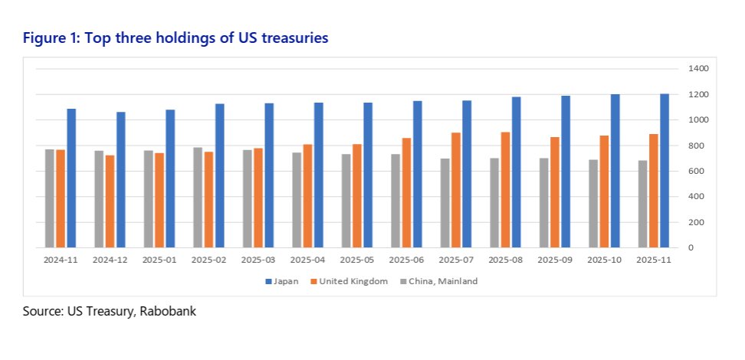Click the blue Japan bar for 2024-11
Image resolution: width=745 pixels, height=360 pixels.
point(71,178)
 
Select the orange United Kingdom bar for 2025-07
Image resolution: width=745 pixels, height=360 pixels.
point(455,190)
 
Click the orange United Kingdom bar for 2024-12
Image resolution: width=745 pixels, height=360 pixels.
point(110,201)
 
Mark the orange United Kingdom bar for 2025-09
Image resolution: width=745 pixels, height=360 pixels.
point(554,192)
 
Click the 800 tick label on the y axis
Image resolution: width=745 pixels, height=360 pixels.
point(694,146)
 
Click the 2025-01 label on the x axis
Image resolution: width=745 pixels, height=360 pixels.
point(159,260)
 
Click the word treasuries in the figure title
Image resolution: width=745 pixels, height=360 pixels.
point(293,38)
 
